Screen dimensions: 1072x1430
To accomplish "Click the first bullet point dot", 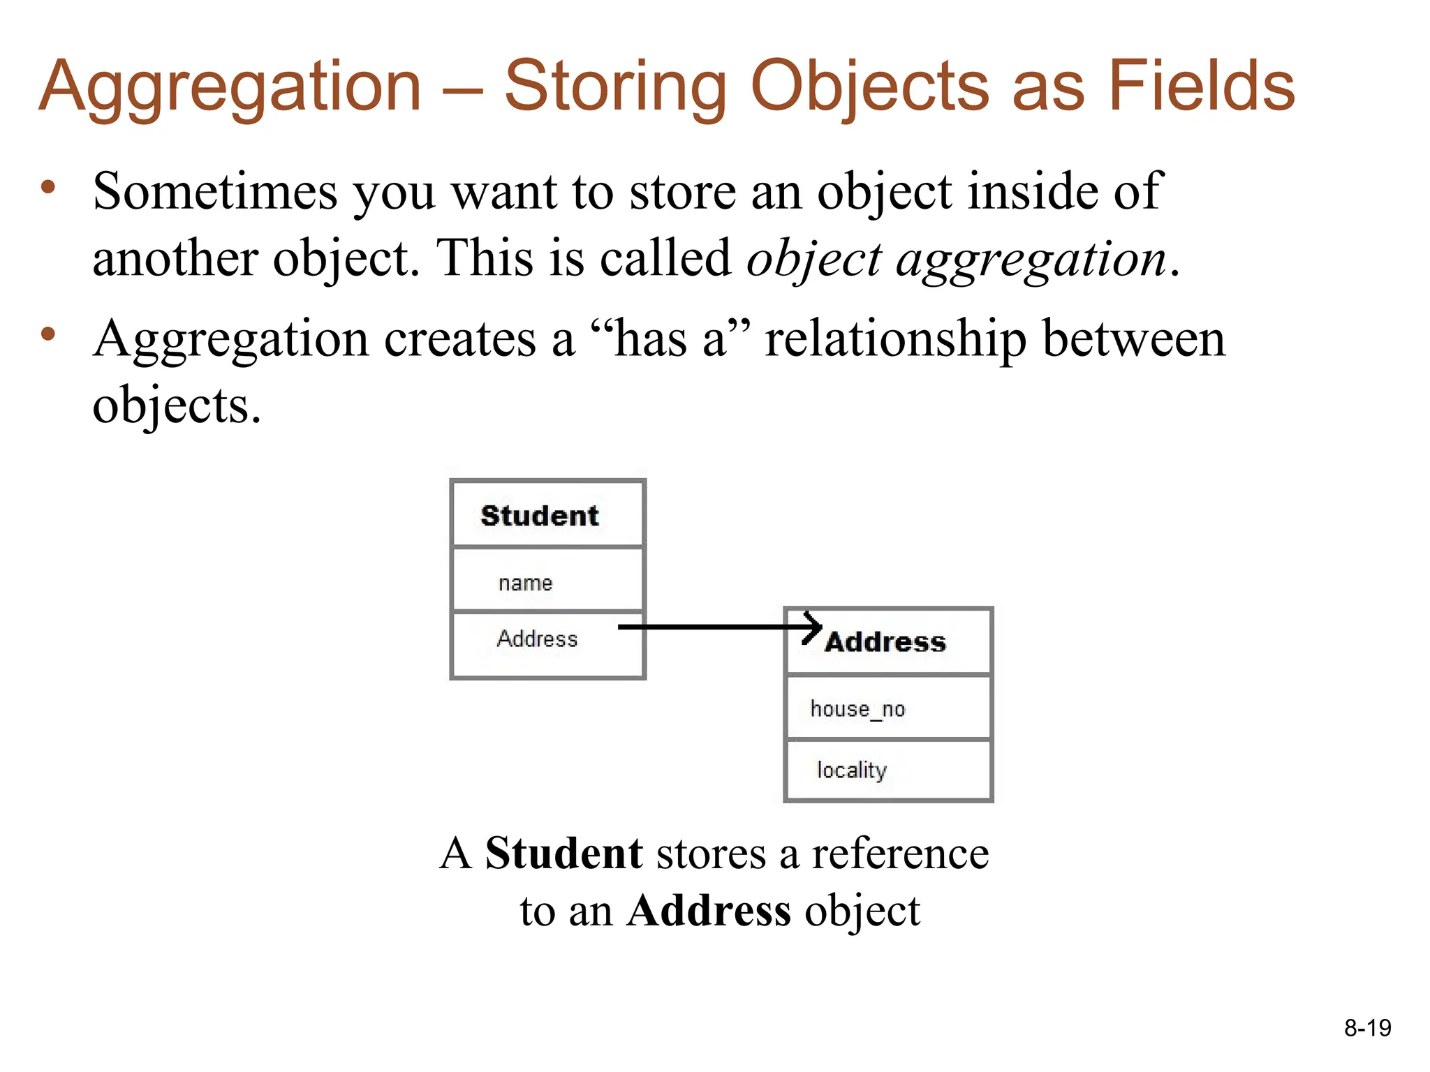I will [47, 187].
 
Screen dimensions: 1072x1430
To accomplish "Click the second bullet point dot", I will [47, 334].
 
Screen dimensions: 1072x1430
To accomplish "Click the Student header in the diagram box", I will [540, 516].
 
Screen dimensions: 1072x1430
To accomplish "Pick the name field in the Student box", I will [525, 583].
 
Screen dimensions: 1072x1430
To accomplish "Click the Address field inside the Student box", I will [537, 639].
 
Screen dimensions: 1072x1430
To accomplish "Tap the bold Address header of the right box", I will [885, 642].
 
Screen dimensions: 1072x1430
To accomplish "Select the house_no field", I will [857, 709].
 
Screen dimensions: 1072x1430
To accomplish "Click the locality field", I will [852, 770].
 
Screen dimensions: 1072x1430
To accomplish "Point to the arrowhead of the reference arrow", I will [816, 627].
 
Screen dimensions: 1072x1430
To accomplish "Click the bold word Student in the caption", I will [563, 854].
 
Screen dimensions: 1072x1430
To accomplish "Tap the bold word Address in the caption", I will [709, 911].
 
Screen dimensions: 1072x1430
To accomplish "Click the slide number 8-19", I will [1367, 1028].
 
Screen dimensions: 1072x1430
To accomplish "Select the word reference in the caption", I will [900, 854].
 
